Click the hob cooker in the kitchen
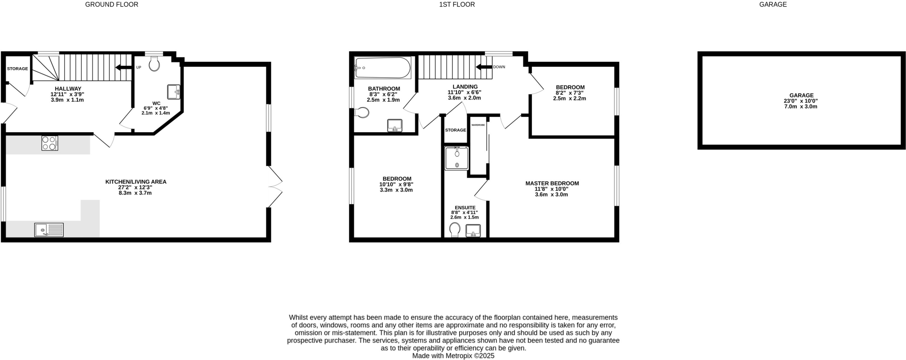(x=50, y=143)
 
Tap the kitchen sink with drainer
(x=49, y=230)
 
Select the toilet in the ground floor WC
(x=154, y=65)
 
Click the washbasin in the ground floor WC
(x=173, y=92)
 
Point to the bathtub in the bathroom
(x=383, y=68)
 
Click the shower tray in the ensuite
(x=457, y=158)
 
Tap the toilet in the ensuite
(x=454, y=230)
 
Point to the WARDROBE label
(x=478, y=125)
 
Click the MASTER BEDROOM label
(x=552, y=183)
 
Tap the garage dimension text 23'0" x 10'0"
(x=801, y=101)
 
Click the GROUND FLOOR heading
(x=111, y=4)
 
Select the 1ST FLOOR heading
(x=457, y=4)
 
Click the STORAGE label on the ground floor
(x=17, y=69)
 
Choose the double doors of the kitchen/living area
(x=275, y=187)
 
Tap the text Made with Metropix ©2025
(x=453, y=356)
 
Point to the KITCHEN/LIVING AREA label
(x=135, y=182)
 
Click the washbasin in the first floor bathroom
(x=395, y=125)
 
